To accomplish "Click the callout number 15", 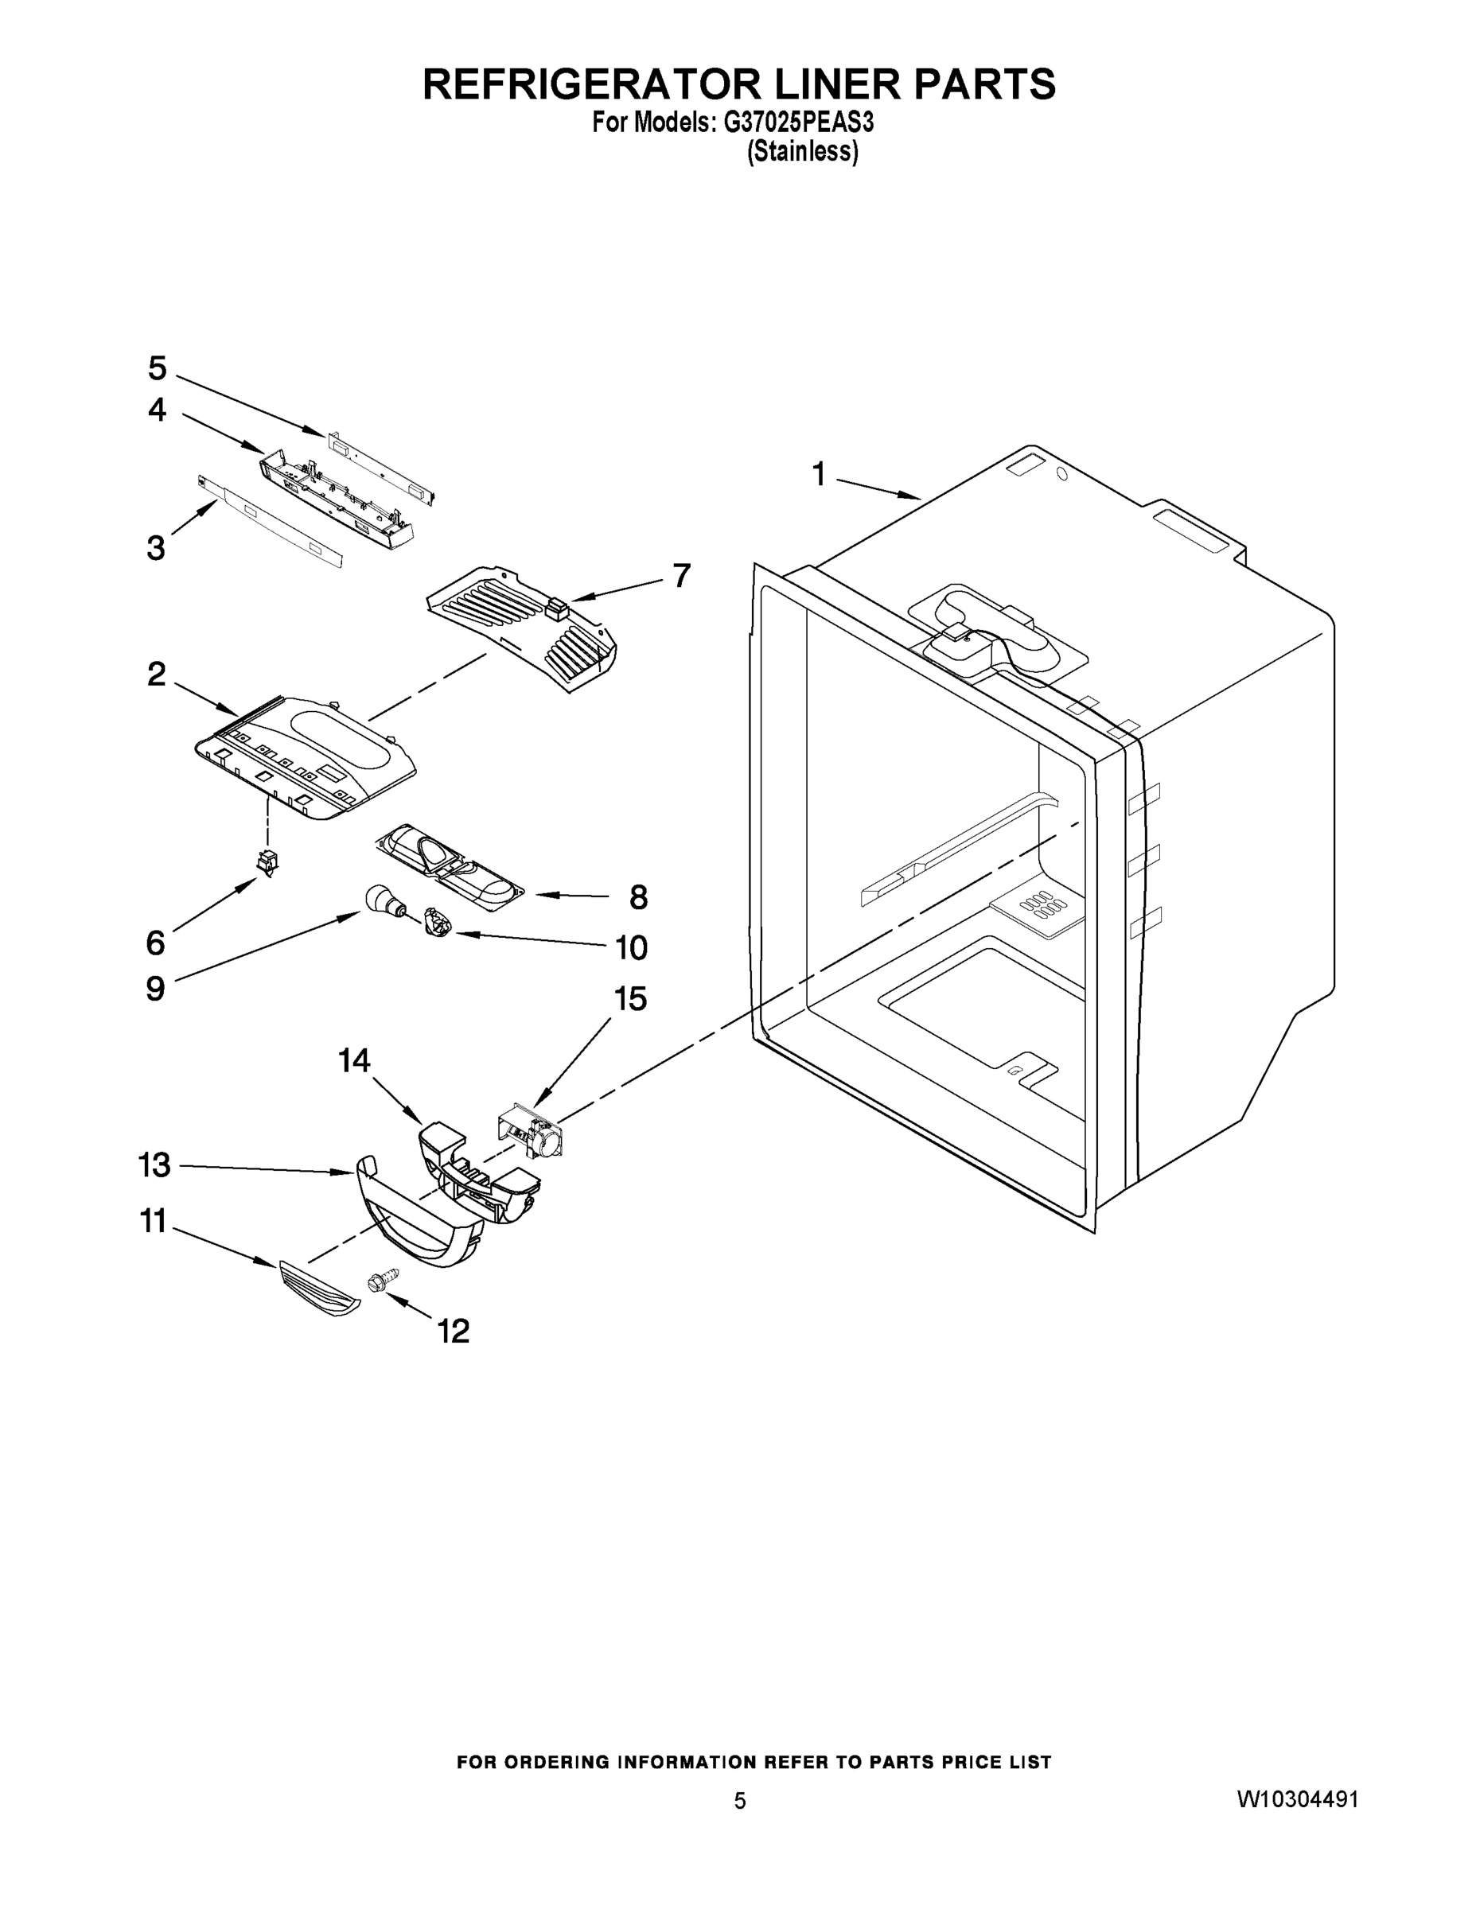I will click(630, 998).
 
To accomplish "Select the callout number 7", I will click(681, 575).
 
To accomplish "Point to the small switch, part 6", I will click(267, 863).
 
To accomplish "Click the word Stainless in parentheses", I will click(802, 152).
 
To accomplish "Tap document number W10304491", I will click(1298, 1800).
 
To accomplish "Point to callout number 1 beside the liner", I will click(819, 475).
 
